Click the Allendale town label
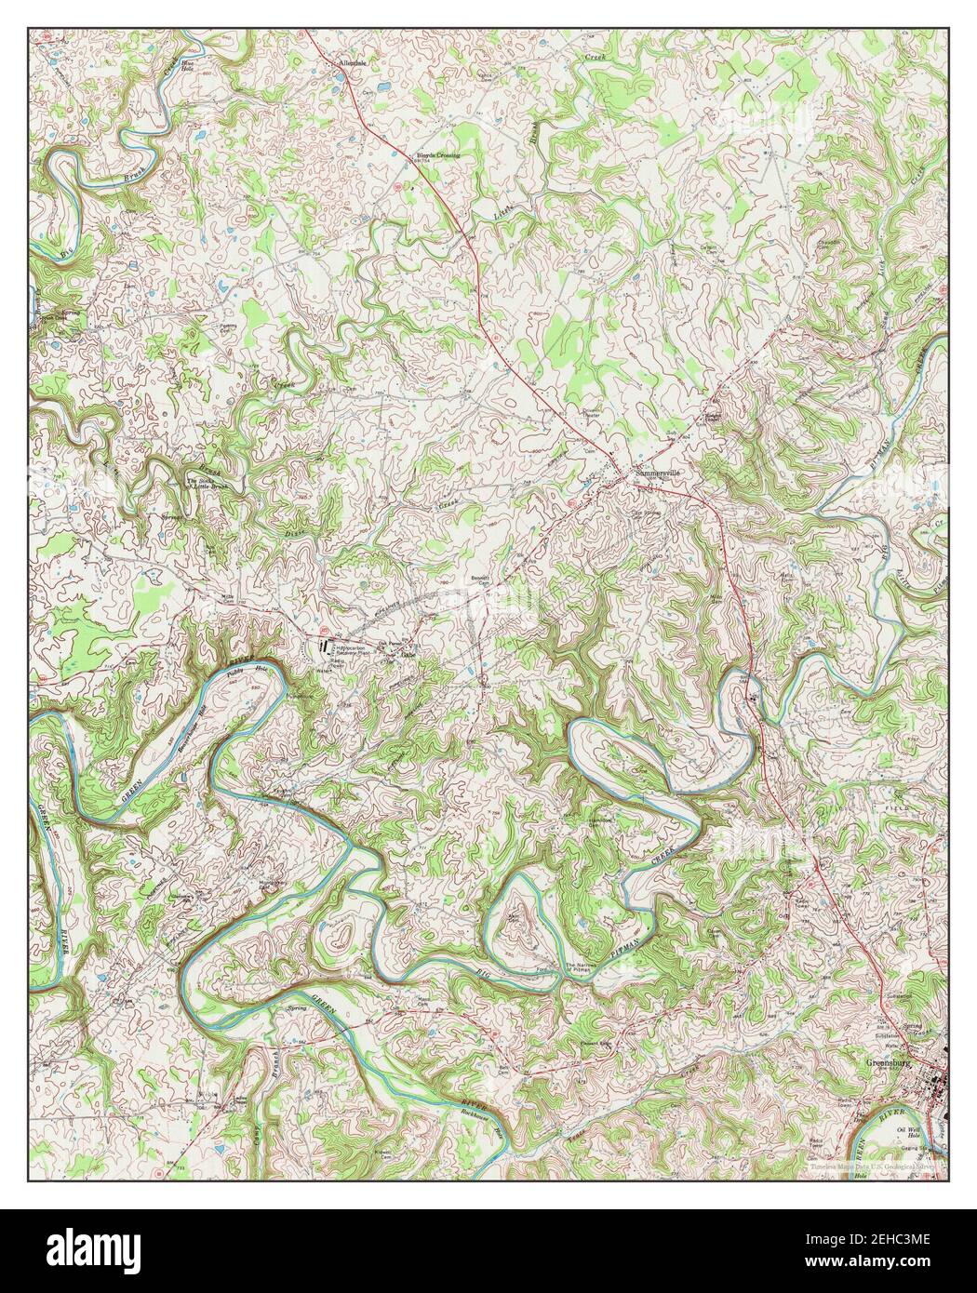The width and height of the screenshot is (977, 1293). click(x=354, y=63)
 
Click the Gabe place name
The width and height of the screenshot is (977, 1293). click(x=407, y=654)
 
